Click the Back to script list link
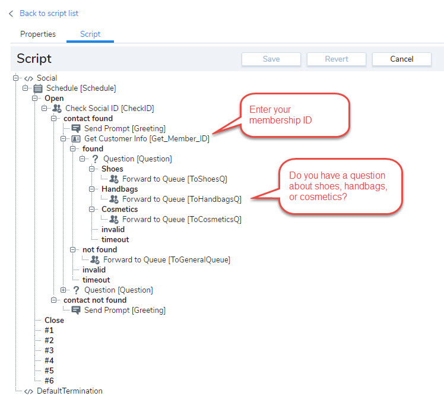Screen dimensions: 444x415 coord(49,13)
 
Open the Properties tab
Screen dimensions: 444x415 coord(38,34)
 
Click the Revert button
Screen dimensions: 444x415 coord(337,59)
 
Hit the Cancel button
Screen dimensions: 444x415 coord(401,59)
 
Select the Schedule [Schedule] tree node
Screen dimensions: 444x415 coord(81,88)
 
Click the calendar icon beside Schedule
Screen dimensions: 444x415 coord(38,88)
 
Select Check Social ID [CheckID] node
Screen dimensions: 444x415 coord(110,108)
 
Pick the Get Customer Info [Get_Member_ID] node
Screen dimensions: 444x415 coord(147,138)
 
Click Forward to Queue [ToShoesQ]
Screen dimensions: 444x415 coord(175,179)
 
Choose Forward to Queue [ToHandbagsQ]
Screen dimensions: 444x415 coord(182,199)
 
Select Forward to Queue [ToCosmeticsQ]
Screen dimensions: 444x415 coord(182,219)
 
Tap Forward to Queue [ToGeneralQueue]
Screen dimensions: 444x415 coord(166,260)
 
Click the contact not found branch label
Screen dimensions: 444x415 coord(95,300)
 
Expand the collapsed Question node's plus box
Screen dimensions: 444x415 coord(63,290)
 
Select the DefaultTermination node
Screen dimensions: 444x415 coord(69,391)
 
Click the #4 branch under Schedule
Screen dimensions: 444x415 coord(49,360)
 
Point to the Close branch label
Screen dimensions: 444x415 coord(54,320)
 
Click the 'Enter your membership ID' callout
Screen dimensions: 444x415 coord(295,115)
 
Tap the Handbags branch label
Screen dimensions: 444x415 coord(119,189)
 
